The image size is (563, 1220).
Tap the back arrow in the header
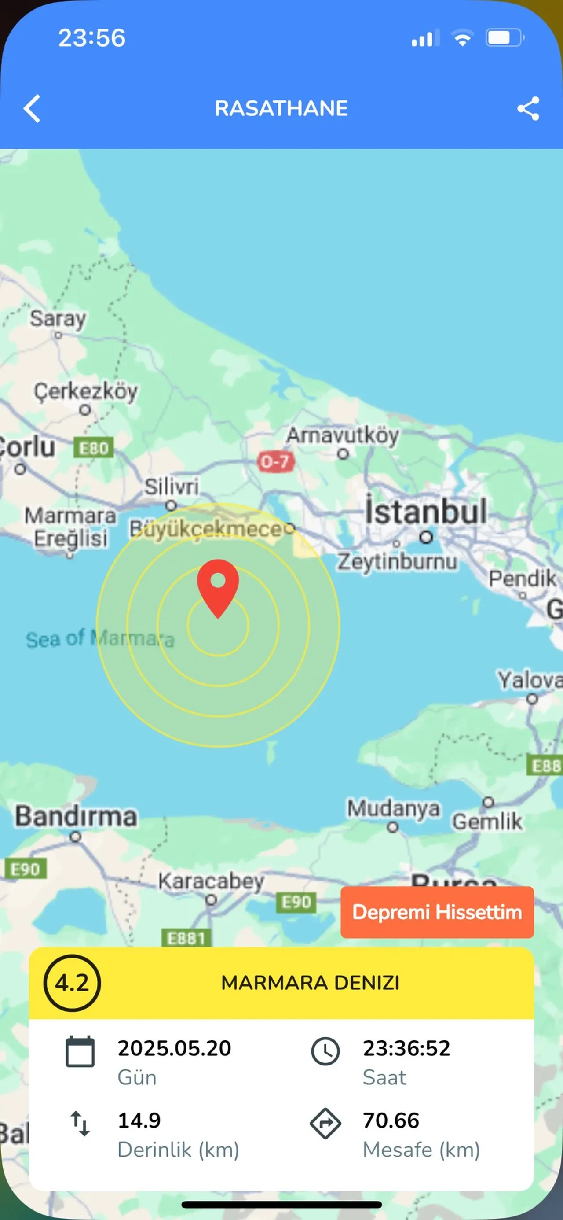(32, 108)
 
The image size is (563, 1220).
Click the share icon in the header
(528, 108)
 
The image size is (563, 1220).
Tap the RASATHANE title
(281, 108)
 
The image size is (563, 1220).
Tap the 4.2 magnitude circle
(72, 983)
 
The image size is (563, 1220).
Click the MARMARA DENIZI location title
(311, 983)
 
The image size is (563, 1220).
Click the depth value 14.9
(139, 1120)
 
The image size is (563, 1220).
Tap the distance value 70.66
(391, 1120)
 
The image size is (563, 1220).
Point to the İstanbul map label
(426, 512)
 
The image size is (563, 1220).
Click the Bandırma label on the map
(76, 817)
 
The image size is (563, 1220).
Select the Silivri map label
(171, 487)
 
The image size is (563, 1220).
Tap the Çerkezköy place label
(86, 391)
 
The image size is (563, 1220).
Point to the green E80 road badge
(94, 448)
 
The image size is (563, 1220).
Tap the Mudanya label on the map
(393, 808)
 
